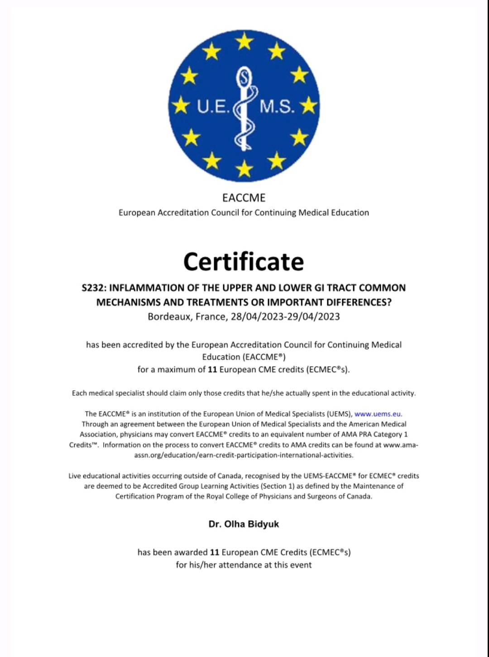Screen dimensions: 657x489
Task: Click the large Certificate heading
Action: (x=244, y=262)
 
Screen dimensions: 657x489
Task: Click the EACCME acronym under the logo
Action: (x=244, y=198)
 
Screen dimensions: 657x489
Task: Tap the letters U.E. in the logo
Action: (x=213, y=106)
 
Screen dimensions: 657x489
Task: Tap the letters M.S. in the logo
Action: (x=277, y=106)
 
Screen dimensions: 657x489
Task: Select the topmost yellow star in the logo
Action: (x=244, y=42)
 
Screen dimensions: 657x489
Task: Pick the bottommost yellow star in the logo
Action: (x=244, y=169)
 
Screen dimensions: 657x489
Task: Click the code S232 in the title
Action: (x=93, y=288)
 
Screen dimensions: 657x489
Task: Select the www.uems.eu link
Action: (x=378, y=414)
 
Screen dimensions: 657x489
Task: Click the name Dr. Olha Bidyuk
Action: (x=244, y=524)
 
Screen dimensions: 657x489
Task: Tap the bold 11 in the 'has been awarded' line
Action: (x=215, y=552)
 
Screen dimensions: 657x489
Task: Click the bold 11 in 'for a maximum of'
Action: (x=212, y=369)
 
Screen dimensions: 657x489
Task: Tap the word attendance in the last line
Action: (x=240, y=565)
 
